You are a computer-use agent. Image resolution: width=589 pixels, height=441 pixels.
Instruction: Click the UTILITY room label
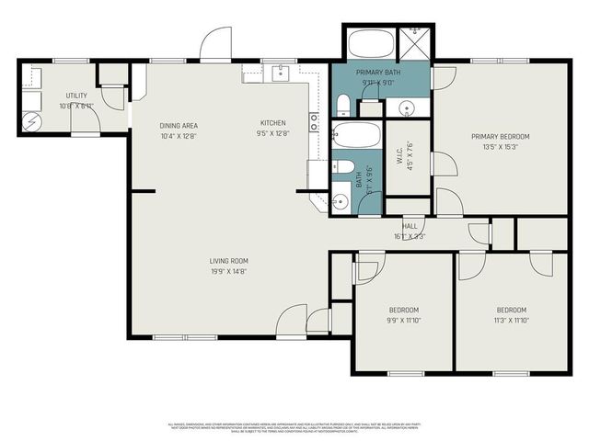[75, 96]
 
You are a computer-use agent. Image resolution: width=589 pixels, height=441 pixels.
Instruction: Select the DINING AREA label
[179, 126]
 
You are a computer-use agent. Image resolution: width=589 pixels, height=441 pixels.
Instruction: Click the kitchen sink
[281, 73]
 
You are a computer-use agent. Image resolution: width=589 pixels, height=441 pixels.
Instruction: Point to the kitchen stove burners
[314, 123]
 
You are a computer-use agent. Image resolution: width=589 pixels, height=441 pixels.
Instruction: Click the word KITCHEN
[272, 123]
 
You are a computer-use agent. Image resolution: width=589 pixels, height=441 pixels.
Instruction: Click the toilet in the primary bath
[342, 103]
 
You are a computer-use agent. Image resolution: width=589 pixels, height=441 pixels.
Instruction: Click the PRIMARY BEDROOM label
[500, 137]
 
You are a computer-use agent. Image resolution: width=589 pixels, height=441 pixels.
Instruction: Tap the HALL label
[410, 226]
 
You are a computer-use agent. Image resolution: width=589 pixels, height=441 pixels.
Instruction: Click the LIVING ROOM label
[228, 261]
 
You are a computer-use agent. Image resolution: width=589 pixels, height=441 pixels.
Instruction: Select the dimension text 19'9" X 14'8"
[228, 271]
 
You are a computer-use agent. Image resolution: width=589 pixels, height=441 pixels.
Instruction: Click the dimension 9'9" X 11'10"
[403, 320]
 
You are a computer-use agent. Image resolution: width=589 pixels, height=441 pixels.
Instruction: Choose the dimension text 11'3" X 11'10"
[511, 320]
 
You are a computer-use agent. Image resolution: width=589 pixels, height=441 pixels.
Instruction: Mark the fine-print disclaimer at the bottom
[294, 426]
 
